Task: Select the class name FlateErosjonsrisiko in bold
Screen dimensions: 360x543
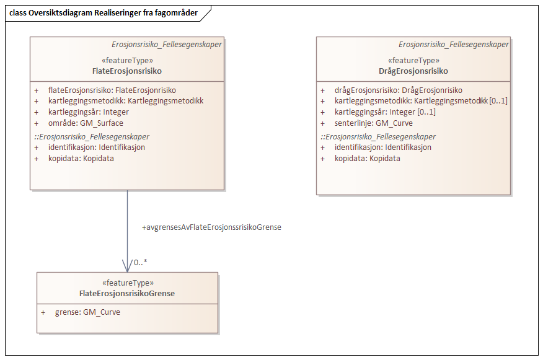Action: [127, 71]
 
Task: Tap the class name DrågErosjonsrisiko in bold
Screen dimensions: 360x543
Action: [413, 71]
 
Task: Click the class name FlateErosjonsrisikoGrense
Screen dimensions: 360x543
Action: [127, 293]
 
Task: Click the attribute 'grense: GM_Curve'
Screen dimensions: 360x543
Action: [87, 312]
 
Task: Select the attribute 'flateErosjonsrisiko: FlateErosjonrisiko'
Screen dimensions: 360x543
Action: [112, 90]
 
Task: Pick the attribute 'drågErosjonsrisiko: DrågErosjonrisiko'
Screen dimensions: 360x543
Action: [398, 90]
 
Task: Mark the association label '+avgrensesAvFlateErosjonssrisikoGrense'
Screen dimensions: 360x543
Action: [211, 227]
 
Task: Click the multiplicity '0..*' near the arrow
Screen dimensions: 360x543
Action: [141, 263]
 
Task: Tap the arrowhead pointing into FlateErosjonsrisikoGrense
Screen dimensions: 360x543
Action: [127, 267]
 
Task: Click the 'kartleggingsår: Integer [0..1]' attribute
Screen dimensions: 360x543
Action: [384, 112]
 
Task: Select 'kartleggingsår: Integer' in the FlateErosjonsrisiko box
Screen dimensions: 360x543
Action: [89, 112]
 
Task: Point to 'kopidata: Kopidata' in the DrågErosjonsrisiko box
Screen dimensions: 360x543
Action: [367, 158]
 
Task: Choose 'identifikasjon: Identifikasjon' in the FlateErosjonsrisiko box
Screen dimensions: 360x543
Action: [97, 147]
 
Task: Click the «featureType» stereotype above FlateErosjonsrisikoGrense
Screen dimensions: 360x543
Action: [127, 283]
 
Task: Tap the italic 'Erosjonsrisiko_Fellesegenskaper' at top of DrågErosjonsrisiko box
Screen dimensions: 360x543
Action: [453, 45]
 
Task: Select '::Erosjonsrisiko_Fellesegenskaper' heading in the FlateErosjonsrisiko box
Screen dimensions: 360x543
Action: [91, 136]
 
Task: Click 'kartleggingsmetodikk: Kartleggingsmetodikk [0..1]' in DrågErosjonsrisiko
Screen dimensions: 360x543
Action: [421, 101]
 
